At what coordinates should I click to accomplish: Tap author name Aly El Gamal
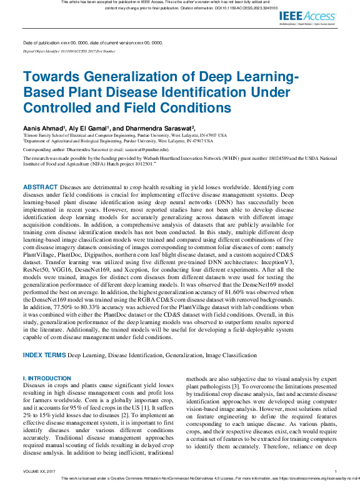point(90,127)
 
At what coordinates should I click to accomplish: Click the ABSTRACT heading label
point(41,187)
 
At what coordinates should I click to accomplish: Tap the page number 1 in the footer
point(336,472)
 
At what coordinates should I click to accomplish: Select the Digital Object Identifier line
point(69,51)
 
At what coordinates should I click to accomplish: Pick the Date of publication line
point(92,43)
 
